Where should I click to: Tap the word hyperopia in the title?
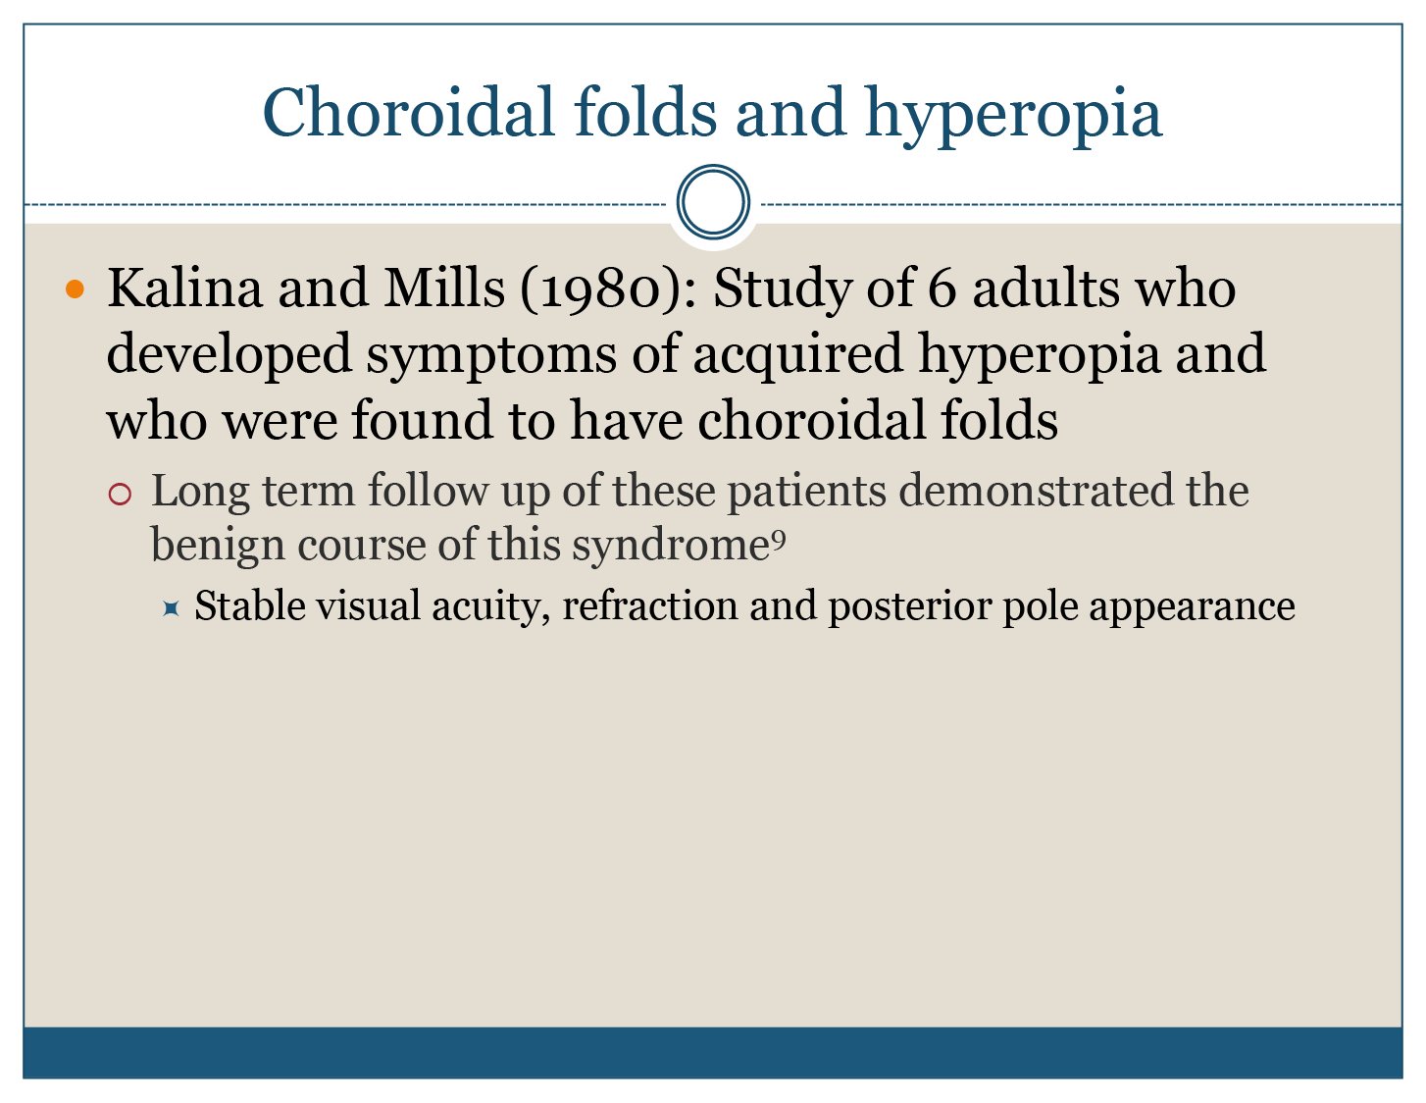(x=1014, y=117)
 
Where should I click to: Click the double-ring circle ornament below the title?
(x=713, y=201)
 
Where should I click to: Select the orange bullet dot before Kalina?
(x=76, y=289)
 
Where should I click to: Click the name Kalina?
(x=185, y=288)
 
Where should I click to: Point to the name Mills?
(x=444, y=288)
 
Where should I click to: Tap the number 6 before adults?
(x=942, y=289)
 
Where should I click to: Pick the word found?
(x=422, y=420)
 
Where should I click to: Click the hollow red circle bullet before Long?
(x=120, y=494)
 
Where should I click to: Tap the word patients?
(x=807, y=494)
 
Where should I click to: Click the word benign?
(x=218, y=547)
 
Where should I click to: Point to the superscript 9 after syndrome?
(x=779, y=540)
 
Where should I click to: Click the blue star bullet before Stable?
(x=171, y=608)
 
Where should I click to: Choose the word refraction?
(x=649, y=605)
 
